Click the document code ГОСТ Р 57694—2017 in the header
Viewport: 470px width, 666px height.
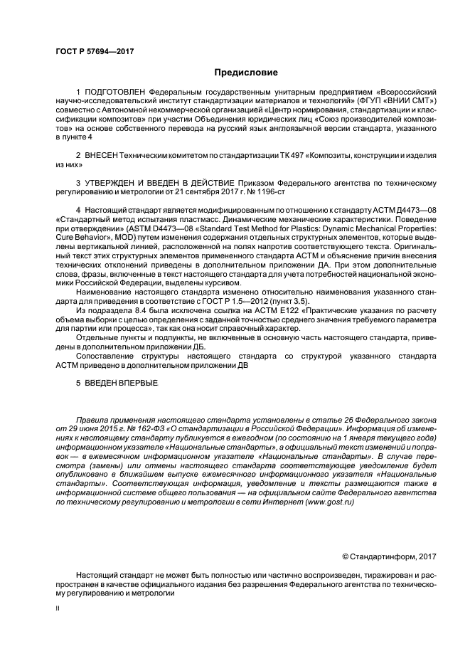point(95,51)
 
